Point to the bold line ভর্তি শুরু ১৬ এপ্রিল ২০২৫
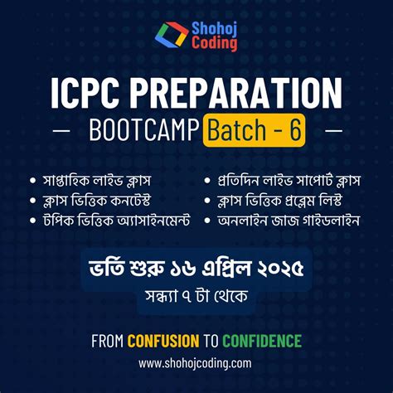tap(196, 269)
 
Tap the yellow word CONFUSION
tap(163, 341)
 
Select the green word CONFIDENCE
tap(261, 341)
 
